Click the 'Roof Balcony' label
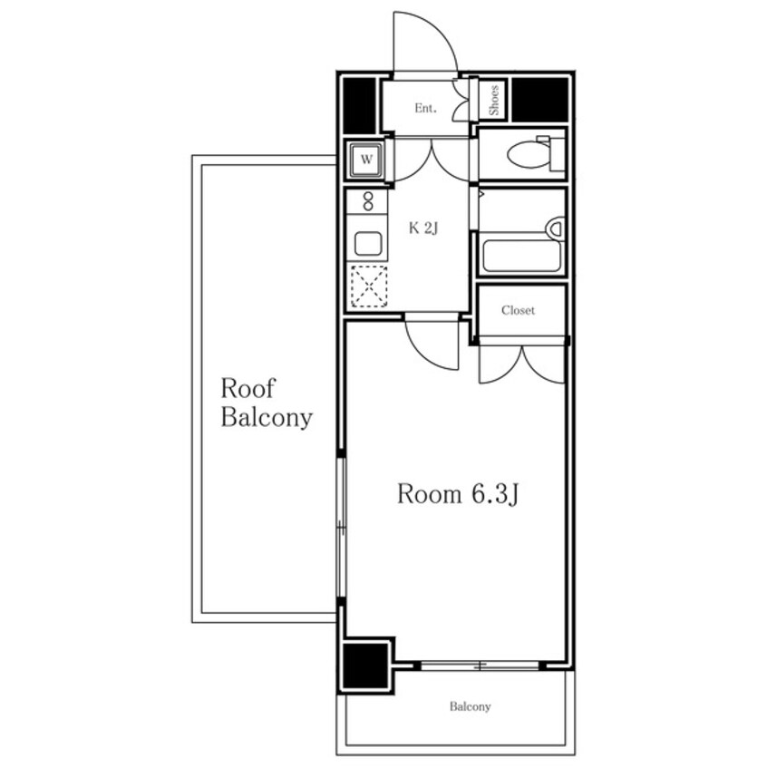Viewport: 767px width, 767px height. point(267,403)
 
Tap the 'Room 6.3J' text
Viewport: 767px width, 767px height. point(457,494)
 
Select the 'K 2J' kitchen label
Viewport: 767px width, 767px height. point(423,228)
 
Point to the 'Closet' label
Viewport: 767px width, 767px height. point(518,310)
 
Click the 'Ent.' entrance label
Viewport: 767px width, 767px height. point(425,108)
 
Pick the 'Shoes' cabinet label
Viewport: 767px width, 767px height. point(493,101)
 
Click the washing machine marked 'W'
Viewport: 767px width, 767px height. point(366,160)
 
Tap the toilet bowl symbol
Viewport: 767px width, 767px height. point(536,154)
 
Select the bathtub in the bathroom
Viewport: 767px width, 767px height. point(521,256)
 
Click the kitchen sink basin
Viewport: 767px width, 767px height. point(368,243)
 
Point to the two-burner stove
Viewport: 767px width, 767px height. point(368,201)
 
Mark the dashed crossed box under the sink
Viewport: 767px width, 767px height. point(369,286)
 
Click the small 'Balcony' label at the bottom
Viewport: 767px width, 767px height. point(470,706)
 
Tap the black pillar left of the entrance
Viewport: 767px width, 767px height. point(359,106)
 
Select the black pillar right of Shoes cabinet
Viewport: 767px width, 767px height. point(539,100)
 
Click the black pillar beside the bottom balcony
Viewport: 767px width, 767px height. point(365,665)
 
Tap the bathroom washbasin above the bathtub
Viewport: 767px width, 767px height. point(555,229)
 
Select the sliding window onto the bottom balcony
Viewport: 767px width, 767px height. point(480,665)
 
